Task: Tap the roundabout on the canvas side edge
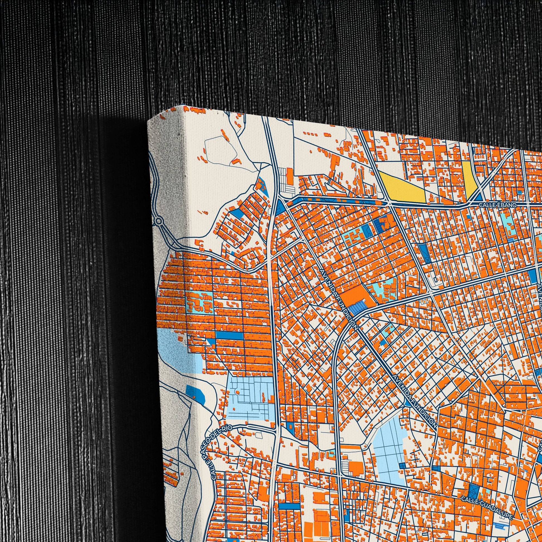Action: pyautogui.click(x=159, y=222)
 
